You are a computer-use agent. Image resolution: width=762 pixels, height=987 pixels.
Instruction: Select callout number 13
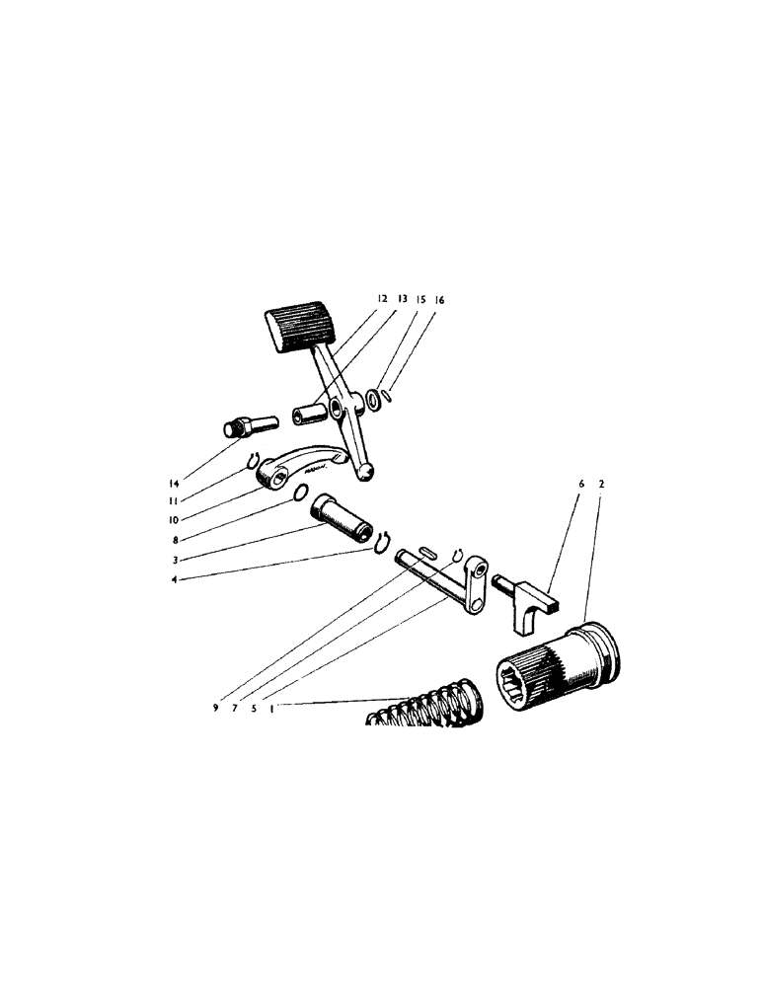(x=402, y=298)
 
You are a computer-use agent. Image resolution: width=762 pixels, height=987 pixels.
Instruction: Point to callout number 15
(x=420, y=298)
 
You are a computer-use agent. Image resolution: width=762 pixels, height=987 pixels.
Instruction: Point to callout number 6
(x=581, y=485)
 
